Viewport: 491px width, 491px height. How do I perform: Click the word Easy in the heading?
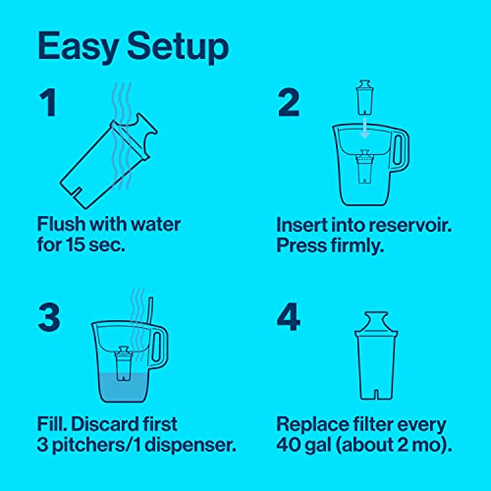(x=78, y=46)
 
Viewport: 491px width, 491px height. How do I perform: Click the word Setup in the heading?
(x=177, y=46)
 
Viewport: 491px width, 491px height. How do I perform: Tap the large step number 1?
(x=47, y=106)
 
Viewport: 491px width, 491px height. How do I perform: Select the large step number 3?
(x=49, y=316)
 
